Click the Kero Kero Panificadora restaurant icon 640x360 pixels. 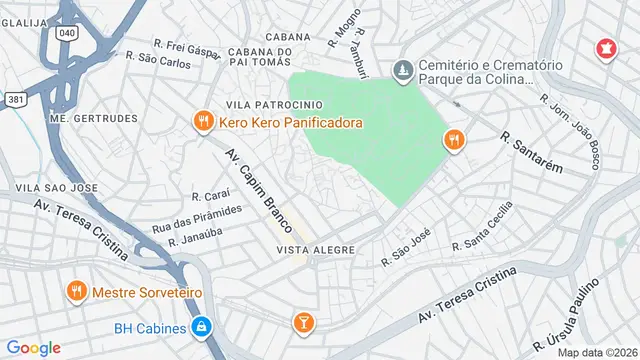click(203, 122)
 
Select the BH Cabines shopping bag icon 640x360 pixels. click(202, 327)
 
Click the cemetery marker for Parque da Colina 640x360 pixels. click(403, 70)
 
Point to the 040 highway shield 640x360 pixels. click(68, 33)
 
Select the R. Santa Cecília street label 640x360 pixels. click(483, 228)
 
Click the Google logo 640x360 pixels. click(34, 347)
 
